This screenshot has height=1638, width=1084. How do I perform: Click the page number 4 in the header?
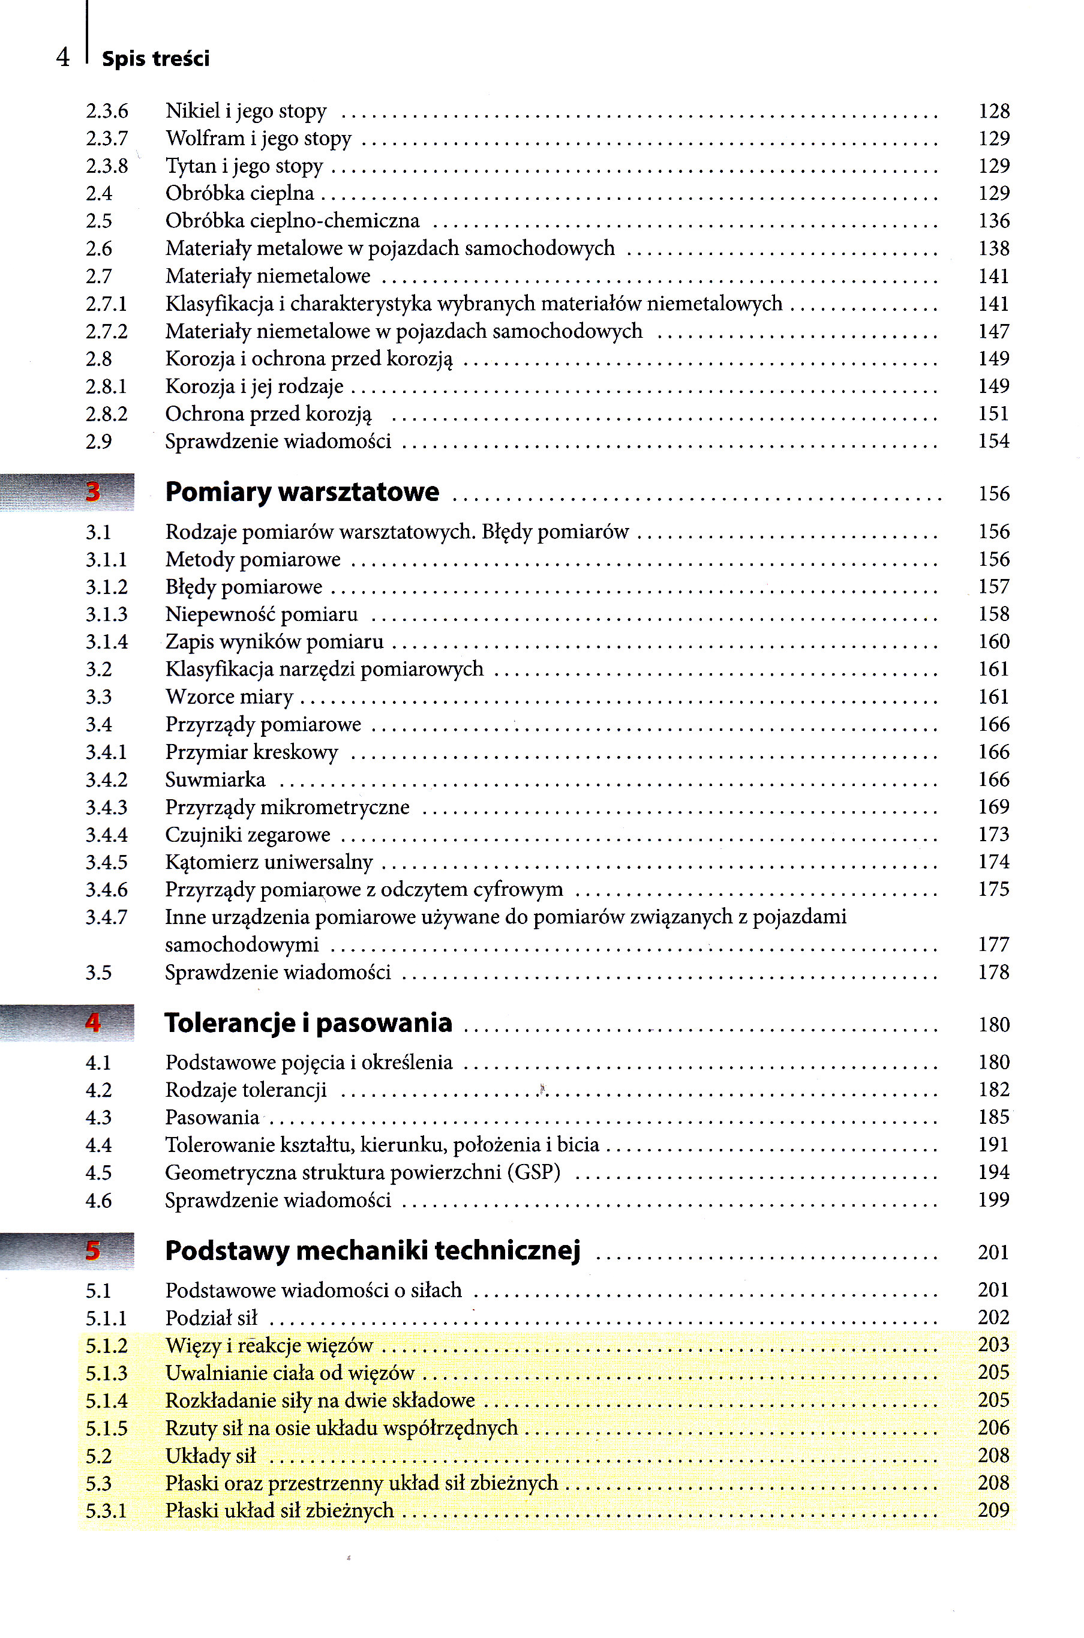click(63, 58)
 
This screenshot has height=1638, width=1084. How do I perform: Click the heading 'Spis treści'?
click(155, 59)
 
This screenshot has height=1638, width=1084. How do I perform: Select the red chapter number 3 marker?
click(92, 492)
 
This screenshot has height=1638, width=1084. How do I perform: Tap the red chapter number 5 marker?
click(92, 1250)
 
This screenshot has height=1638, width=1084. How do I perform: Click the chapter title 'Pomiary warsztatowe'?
click(302, 492)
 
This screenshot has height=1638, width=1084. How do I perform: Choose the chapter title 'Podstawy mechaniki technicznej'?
click(373, 1250)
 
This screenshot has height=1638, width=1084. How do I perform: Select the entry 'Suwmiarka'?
click(215, 780)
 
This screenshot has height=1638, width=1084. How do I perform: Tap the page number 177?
click(993, 944)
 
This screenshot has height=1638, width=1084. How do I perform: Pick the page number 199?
click(993, 1199)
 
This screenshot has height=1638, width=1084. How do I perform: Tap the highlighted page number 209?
click(993, 1510)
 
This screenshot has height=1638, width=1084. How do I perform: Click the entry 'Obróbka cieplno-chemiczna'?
click(292, 221)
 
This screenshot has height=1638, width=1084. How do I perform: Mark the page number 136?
click(993, 221)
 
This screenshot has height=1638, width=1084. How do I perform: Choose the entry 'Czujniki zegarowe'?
click(248, 835)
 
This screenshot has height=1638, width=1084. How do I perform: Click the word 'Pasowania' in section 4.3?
click(212, 1117)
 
